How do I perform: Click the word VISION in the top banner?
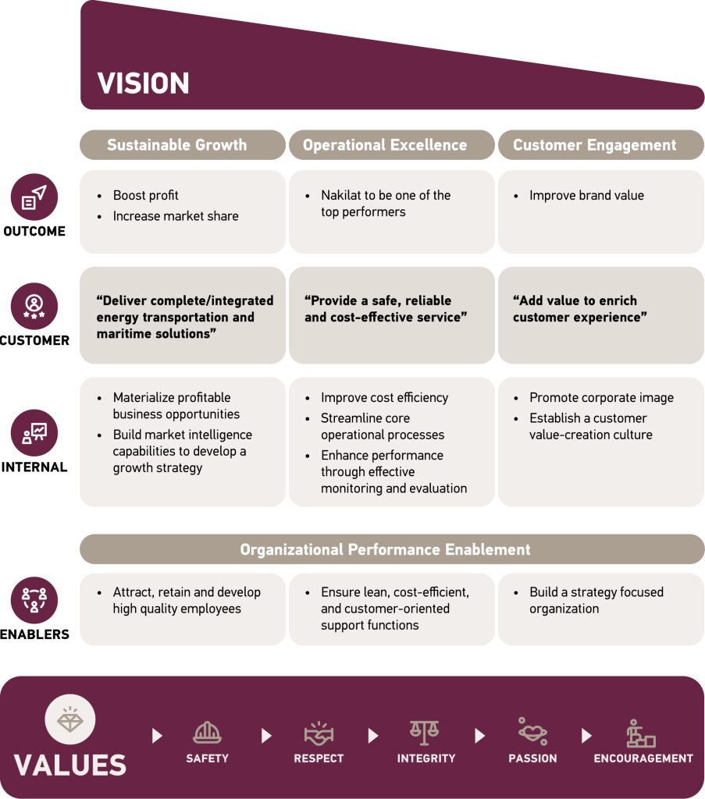click(x=143, y=83)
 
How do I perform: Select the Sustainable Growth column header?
click(x=176, y=145)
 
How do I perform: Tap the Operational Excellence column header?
click(x=385, y=145)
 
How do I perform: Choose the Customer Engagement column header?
click(x=594, y=145)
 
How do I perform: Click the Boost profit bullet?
click(x=146, y=196)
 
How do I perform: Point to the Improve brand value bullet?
click(x=586, y=196)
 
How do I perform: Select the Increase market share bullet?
click(x=176, y=216)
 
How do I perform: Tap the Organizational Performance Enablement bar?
click(x=385, y=549)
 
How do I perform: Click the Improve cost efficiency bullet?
click(x=384, y=398)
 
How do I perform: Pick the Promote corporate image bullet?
click(x=601, y=398)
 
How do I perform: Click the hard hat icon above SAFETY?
click(x=207, y=733)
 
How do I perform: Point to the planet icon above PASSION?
click(x=532, y=733)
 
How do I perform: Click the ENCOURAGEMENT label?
click(x=643, y=758)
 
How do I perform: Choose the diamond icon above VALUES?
click(x=70, y=719)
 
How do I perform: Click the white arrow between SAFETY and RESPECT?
click(x=266, y=736)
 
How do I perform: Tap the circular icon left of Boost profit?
click(x=34, y=197)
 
